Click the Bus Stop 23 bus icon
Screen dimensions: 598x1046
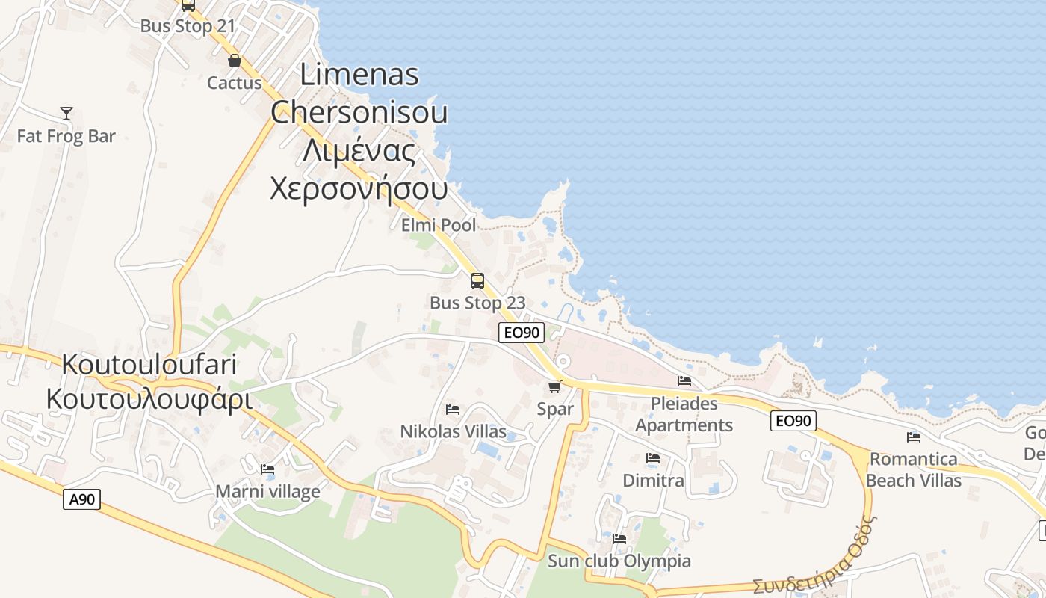pyautogui.click(x=477, y=281)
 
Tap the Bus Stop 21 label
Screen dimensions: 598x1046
pyautogui.click(x=188, y=25)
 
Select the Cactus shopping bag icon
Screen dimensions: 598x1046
pyautogui.click(x=235, y=61)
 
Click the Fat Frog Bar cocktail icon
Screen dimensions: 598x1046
pyautogui.click(x=66, y=114)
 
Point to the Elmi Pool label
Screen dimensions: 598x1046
pyautogui.click(x=438, y=225)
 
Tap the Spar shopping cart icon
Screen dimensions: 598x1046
pyautogui.click(x=554, y=386)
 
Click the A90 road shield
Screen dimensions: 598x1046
pyautogui.click(x=81, y=499)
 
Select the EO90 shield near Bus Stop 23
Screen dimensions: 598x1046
pyautogui.click(x=521, y=333)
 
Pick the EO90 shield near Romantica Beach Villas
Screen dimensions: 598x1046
pyautogui.click(x=793, y=421)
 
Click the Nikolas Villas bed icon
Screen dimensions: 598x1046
pyautogui.click(x=452, y=409)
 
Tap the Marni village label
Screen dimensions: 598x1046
pyautogui.click(x=267, y=491)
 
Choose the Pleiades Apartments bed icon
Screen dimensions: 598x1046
pyautogui.click(x=684, y=381)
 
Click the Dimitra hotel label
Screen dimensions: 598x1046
pyautogui.click(x=653, y=480)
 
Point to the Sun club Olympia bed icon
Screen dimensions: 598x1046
pyautogui.click(x=619, y=539)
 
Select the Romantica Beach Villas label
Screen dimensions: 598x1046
pyautogui.click(x=913, y=469)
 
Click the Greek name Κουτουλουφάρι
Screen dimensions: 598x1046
pyautogui.click(x=149, y=398)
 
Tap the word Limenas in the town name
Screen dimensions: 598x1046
pyautogui.click(x=359, y=75)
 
